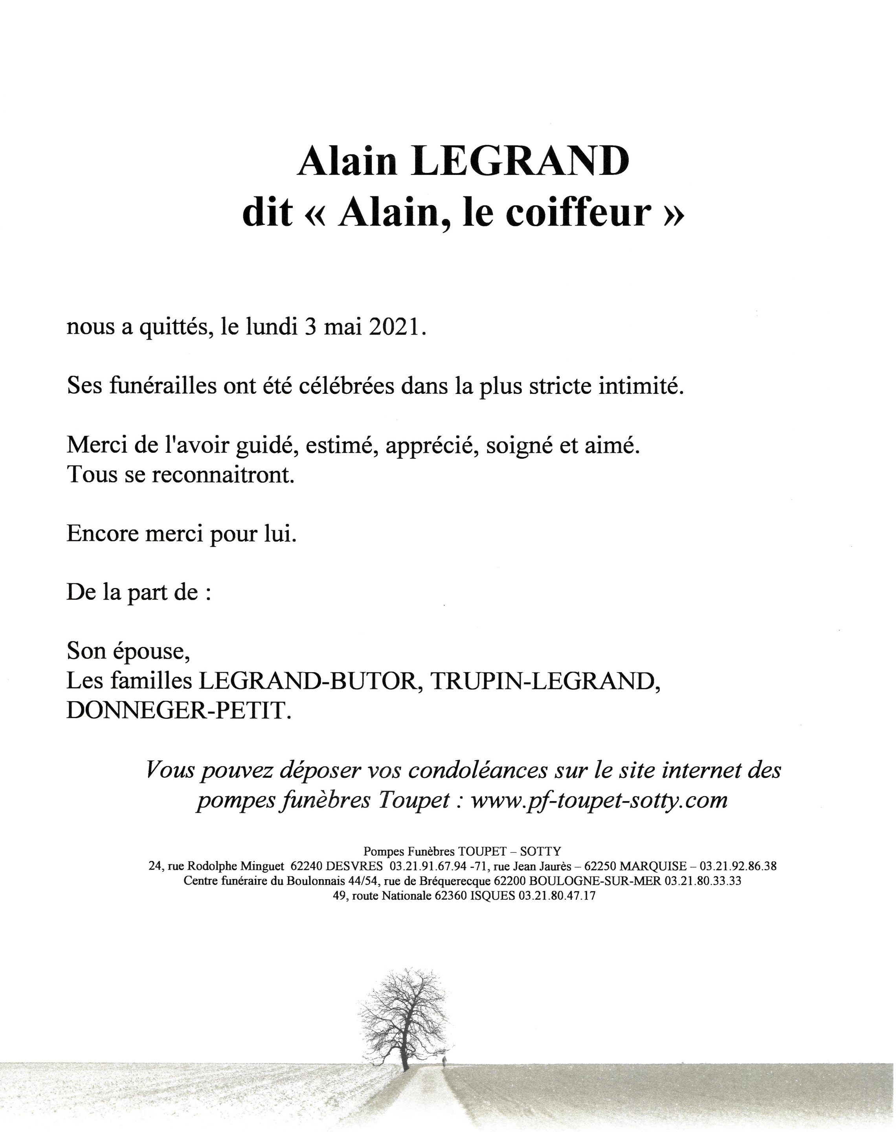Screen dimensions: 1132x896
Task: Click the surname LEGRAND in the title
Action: pos(521,162)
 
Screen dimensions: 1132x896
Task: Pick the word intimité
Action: pos(634,387)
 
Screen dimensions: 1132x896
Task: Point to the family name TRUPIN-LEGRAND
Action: pos(545,682)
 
